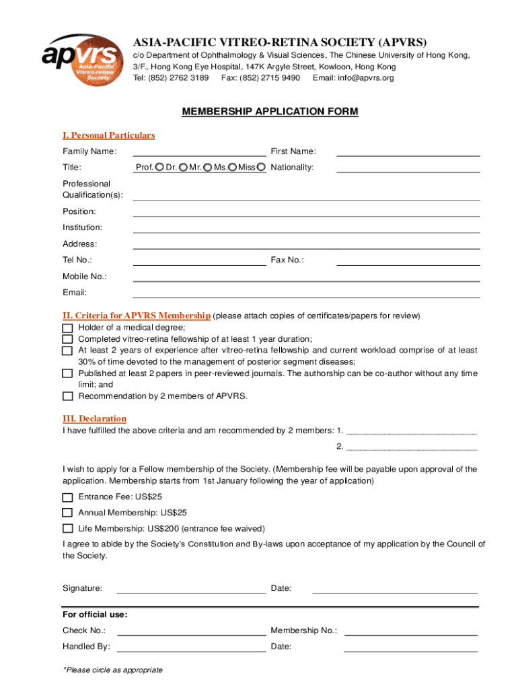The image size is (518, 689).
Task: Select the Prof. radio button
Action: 159,167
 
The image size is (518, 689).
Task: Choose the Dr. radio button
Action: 183,167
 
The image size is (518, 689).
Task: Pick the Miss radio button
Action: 261,167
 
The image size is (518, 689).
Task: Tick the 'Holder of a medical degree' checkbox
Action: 67,328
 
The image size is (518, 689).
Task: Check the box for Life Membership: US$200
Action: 67,529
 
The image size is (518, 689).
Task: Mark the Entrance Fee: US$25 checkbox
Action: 67,498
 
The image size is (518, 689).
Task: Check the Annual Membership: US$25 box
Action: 67,513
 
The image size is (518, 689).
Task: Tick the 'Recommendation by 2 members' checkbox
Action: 67,396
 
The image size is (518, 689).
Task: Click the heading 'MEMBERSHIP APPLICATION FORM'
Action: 270,112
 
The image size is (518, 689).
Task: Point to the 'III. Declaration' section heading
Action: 94,419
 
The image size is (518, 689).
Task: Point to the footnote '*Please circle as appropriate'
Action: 112,670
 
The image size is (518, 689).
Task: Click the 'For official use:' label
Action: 95,614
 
